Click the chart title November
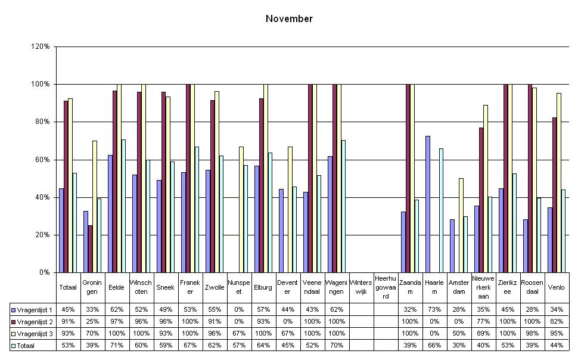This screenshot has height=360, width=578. pyautogui.click(x=289, y=19)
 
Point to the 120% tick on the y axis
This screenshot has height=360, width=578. pyautogui.click(x=42, y=46)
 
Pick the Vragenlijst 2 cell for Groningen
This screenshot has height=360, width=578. pyautogui.click(x=92, y=322)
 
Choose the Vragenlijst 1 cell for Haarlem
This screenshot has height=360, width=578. pyautogui.click(x=434, y=310)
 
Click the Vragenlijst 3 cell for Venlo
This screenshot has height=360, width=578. pyautogui.click(x=557, y=333)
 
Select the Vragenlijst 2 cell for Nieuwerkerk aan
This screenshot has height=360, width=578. pyautogui.click(x=483, y=322)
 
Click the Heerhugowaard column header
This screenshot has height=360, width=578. pyautogui.click(x=386, y=287)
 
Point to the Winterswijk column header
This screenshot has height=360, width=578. pyautogui.click(x=361, y=287)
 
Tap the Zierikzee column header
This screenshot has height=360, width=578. pyautogui.click(x=508, y=287)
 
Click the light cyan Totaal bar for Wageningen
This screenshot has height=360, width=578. pyautogui.click(x=343, y=206)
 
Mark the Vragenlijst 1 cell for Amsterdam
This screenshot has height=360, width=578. pyautogui.click(x=459, y=310)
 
